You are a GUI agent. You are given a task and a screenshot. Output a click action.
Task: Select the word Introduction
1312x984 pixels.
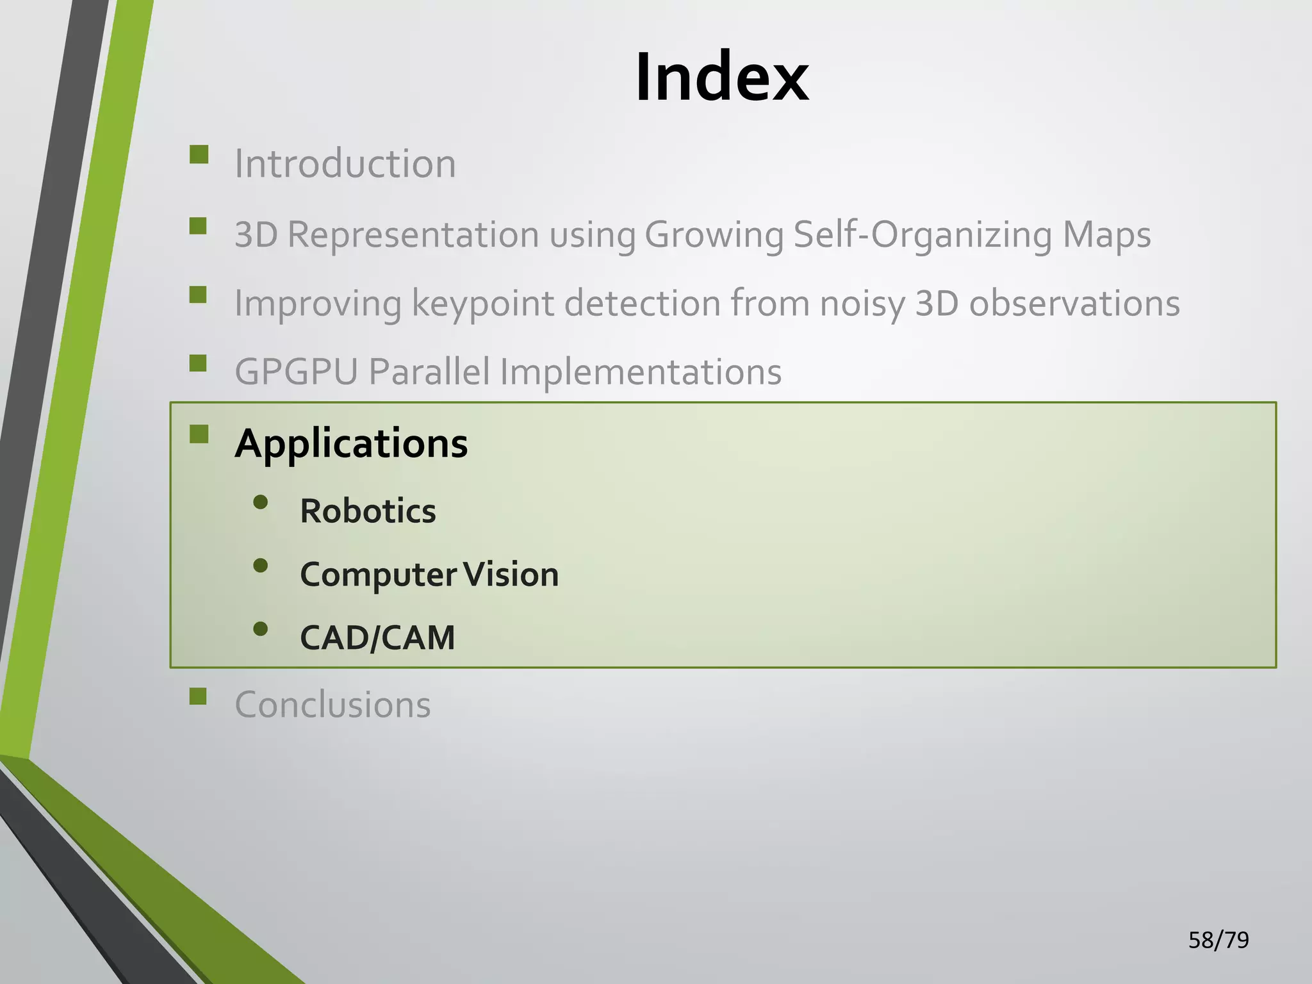[345, 163]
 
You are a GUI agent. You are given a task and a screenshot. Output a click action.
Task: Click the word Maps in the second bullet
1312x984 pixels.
[1106, 234]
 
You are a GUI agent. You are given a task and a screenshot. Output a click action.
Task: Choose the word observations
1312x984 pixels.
[1074, 303]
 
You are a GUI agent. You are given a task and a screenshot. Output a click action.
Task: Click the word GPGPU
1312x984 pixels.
[296, 372]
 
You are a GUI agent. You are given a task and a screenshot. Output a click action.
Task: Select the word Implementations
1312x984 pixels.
[641, 372]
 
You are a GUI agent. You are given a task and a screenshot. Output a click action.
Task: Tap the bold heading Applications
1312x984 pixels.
[351, 443]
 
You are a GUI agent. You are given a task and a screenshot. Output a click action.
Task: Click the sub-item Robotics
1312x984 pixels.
[368, 511]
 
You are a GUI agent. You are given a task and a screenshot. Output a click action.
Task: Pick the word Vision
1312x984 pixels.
[511, 574]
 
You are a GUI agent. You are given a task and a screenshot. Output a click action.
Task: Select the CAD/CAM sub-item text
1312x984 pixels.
[377, 637]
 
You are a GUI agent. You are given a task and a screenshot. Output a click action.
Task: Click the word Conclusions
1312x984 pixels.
[332, 705]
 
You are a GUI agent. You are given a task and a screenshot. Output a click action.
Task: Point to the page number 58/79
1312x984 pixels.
[1218, 940]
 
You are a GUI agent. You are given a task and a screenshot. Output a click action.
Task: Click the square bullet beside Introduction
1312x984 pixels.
[199, 155]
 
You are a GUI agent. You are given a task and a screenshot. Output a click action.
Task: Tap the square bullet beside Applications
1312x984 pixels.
[199, 434]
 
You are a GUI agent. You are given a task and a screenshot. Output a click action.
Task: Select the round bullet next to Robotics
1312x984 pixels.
[260, 502]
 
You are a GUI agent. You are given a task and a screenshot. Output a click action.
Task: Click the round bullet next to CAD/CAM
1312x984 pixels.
[260, 628]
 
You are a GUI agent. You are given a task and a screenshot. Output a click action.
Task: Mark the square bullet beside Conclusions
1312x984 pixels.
[199, 696]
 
